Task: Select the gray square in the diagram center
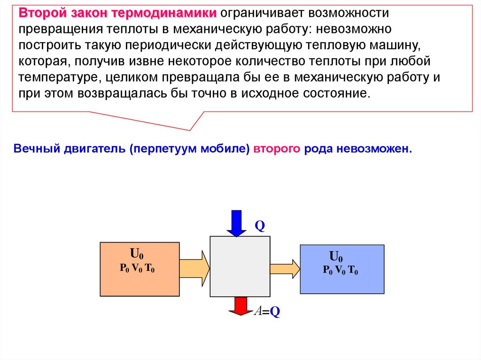(240, 266)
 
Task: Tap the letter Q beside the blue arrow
(260, 227)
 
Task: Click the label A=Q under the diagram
(267, 312)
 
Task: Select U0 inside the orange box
(137, 255)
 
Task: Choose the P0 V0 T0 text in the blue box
(341, 270)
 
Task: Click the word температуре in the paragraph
(59, 77)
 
